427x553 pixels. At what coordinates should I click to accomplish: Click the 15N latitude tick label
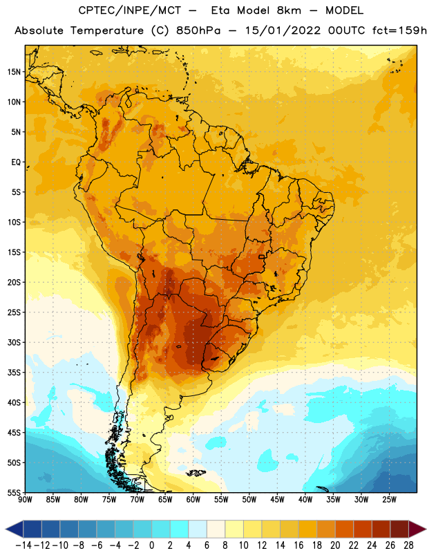(14, 72)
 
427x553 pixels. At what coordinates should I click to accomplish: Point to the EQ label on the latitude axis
(16, 162)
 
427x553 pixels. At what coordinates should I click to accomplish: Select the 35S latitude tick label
(14, 373)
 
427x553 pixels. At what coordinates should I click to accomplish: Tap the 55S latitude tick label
(14, 493)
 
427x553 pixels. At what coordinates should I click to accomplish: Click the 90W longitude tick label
(25, 500)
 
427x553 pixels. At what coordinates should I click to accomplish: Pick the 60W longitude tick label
(193, 500)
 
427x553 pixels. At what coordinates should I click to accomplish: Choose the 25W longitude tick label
(389, 500)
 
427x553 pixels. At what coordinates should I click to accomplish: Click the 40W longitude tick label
(305, 500)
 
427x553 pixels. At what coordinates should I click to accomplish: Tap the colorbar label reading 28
(408, 545)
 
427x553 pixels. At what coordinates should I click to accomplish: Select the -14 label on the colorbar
(23, 545)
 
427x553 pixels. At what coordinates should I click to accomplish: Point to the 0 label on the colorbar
(151, 545)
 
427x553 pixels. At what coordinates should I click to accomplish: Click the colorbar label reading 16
(298, 545)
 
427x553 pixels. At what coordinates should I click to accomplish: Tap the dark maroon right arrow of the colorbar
(417, 529)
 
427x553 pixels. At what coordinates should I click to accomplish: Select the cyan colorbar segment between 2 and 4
(179, 529)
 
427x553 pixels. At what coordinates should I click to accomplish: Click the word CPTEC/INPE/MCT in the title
(129, 10)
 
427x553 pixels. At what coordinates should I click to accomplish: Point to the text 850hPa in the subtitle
(198, 30)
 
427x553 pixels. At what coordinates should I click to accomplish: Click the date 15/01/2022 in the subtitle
(283, 30)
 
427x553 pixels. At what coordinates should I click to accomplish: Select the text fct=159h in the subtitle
(399, 30)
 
